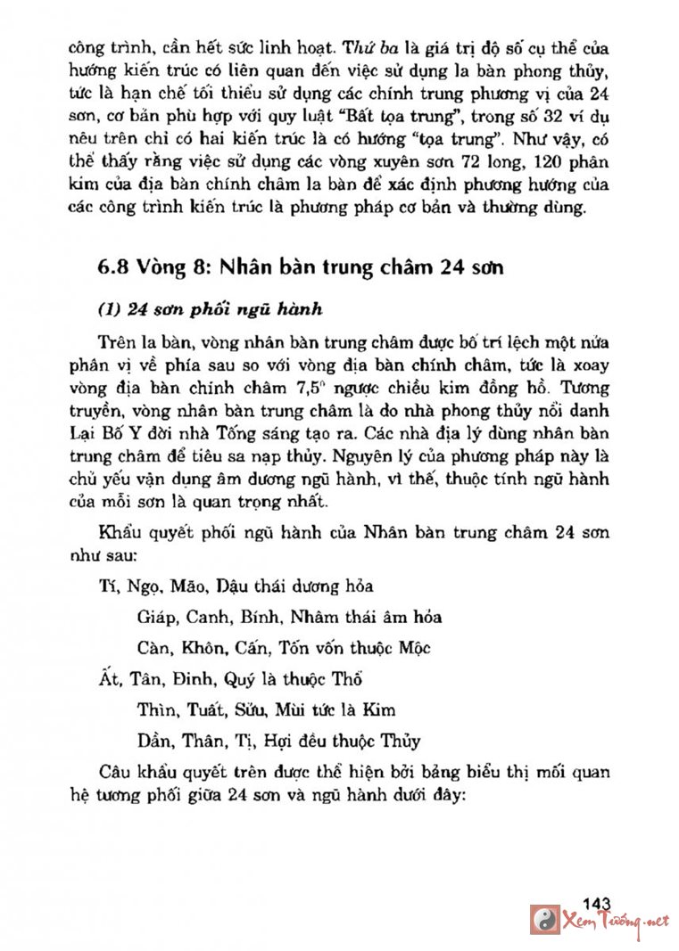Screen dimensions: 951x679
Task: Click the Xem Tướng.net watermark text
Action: (615, 921)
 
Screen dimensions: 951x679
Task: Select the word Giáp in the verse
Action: (159, 617)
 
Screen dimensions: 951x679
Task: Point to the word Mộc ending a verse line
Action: (411, 648)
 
